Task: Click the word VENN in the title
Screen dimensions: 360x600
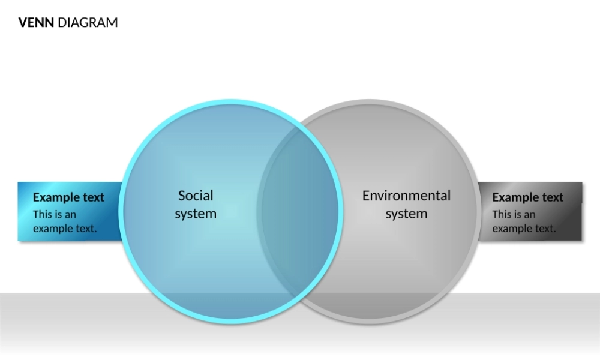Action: pyautogui.click(x=36, y=23)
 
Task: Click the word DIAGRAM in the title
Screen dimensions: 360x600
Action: pyautogui.click(x=88, y=23)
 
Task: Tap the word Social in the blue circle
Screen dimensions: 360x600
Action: pyautogui.click(x=196, y=196)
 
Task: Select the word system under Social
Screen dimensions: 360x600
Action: pyautogui.click(x=196, y=214)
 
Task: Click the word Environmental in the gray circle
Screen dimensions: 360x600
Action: pyautogui.click(x=406, y=196)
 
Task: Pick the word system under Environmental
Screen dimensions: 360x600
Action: pyautogui.click(x=406, y=214)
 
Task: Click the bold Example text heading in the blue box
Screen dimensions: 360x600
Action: pyautogui.click(x=68, y=197)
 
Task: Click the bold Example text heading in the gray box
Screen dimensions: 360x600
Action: pyautogui.click(x=527, y=197)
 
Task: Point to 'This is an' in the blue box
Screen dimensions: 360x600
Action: pyautogui.click(x=55, y=214)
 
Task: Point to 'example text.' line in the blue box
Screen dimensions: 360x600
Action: pyautogui.click(x=65, y=229)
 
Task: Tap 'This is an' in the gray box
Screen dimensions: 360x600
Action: pyautogui.click(x=514, y=214)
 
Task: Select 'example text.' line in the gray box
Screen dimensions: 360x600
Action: pyautogui.click(x=524, y=229)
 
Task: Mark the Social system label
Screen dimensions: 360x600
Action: pyautogui.click(x=196, y=205)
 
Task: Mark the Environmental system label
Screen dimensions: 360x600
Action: pyautogui.click(x=406, y=205)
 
